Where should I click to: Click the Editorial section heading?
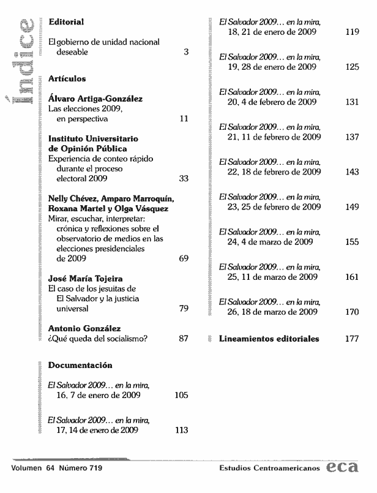coord(65,22)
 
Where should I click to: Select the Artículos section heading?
coord(67,79)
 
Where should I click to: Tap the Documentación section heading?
coord(80,366)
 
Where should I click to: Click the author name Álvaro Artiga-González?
coord(96,98)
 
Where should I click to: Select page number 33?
coord(183,179)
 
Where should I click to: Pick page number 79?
coord(183,309)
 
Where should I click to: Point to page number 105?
coord(181,396)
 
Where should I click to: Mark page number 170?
coord(351,312)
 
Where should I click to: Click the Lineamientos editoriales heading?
coord(269,339)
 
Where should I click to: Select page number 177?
coord(351,339)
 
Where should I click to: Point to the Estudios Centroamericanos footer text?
coord(269,469)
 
